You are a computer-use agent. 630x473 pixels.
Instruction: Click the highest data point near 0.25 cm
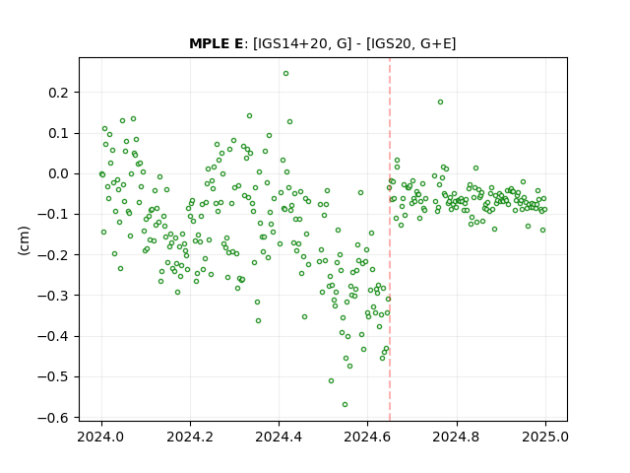(285, 74)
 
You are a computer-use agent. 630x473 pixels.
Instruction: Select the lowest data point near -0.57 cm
(345, 405)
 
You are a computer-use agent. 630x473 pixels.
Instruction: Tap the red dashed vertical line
(390, 239)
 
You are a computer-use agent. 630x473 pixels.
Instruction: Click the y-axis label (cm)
(24, 240)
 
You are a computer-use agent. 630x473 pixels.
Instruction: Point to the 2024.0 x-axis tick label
(101, 437)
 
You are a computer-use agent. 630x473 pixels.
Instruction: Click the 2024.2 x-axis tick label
(190, 437)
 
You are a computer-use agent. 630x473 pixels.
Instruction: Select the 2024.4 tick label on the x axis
(279, 437)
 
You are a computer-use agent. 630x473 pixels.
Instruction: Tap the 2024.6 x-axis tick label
(367, 437)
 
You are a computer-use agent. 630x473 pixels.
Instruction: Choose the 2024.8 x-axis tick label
(457, 437)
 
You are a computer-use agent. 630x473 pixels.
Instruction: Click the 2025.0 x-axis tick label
(545, 437)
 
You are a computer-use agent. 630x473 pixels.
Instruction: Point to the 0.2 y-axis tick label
(58, 93)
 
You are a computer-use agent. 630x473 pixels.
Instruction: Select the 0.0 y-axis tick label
(58, 174)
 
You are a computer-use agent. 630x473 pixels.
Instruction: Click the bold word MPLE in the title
(209, 43)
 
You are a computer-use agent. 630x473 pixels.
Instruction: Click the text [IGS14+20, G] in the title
(302, 43)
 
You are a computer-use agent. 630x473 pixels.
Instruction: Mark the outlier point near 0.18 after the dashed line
(440, 102)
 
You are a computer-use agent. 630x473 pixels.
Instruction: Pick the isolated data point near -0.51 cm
(331, 381)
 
